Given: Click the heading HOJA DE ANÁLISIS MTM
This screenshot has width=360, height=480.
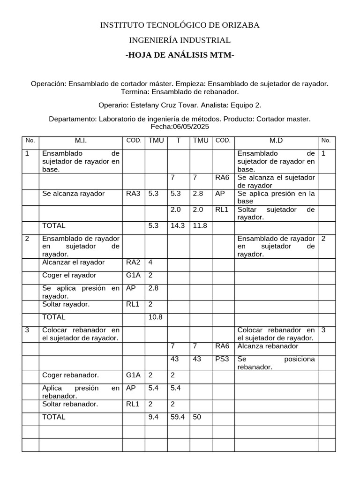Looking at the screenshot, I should point(180,55).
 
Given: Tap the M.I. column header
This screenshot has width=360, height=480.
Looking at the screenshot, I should point(81,140).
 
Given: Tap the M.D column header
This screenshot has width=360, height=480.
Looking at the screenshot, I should point(276,140).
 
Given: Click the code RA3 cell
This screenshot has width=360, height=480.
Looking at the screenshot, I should point(133,194).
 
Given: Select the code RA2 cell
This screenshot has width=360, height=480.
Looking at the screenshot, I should point(133,262).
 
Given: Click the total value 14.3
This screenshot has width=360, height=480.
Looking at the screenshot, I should point(178,225).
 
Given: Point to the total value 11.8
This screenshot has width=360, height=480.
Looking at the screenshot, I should point(200,225).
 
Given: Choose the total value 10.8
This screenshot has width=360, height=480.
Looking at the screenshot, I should point(155,317).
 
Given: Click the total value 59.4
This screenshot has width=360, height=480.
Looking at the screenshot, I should point(178,417).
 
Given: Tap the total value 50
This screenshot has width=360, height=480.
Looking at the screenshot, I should point(197,417).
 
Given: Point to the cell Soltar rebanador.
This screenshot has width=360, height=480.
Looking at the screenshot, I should point(70,404).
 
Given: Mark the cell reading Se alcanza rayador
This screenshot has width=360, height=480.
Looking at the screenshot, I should point(74,194).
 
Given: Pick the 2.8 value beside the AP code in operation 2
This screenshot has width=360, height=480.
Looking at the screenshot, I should point(153,288).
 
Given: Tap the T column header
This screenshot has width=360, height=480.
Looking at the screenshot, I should point(178,140).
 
